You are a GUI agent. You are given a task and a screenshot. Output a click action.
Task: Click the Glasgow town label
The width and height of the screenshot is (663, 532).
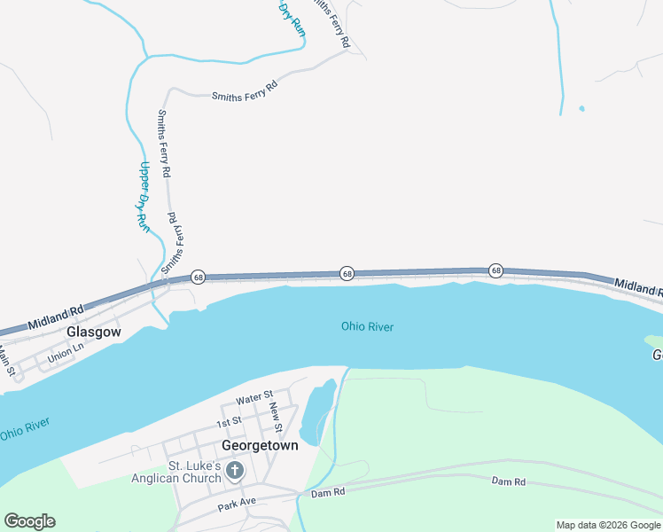93,332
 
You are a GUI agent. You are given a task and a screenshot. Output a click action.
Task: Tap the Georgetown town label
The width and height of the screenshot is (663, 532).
260,446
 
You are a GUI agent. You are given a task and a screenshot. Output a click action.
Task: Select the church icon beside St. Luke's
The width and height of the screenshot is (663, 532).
235,470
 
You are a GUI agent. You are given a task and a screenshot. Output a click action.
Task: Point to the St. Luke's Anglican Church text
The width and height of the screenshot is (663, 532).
195,473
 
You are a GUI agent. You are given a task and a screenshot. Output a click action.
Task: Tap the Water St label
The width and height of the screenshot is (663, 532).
255,398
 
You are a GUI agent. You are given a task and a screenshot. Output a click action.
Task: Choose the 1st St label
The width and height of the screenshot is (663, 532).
230,422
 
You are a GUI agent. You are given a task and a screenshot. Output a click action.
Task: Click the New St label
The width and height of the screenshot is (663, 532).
277,417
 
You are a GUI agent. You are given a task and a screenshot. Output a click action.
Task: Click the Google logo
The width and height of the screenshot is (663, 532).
29,521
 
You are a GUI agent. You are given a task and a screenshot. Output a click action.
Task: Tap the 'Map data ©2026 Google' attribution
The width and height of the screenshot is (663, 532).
608,525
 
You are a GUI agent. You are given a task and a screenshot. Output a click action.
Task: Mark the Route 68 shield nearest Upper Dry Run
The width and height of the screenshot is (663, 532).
199,278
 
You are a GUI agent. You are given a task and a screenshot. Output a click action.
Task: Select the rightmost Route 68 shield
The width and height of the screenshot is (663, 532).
496,270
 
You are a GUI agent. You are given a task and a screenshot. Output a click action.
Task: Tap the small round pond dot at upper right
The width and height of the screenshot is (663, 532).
581,109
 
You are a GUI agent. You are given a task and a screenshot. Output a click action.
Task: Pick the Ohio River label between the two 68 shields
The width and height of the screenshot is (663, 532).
367,327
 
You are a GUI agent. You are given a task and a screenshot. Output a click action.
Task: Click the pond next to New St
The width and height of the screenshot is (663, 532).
317,410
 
